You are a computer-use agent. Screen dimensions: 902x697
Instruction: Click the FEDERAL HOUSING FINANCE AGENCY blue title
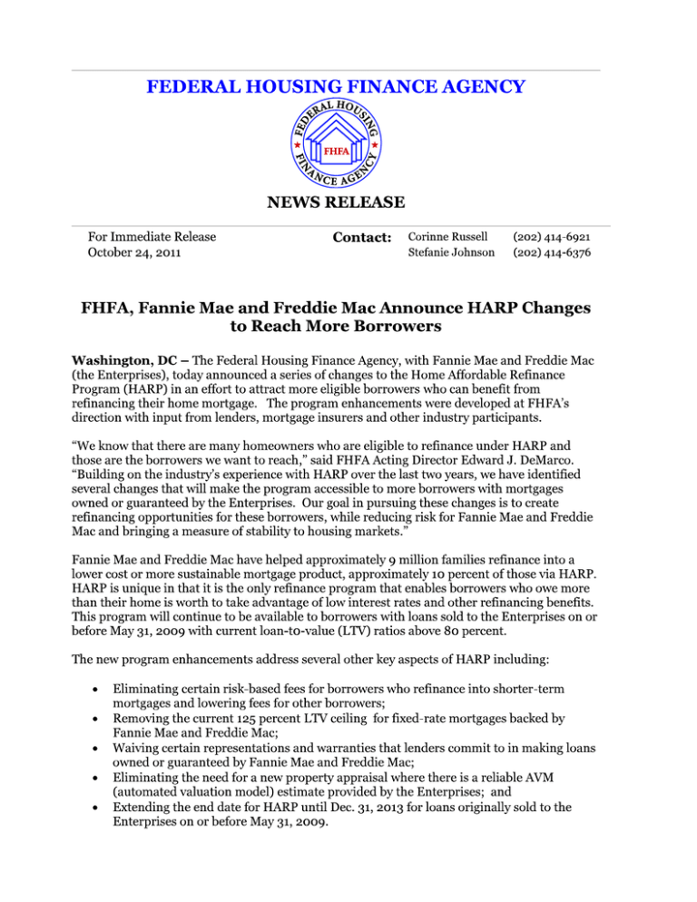[335, 87]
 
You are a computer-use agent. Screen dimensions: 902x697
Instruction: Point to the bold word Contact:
[360, 238]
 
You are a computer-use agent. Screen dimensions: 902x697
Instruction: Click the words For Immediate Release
[152, 237]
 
